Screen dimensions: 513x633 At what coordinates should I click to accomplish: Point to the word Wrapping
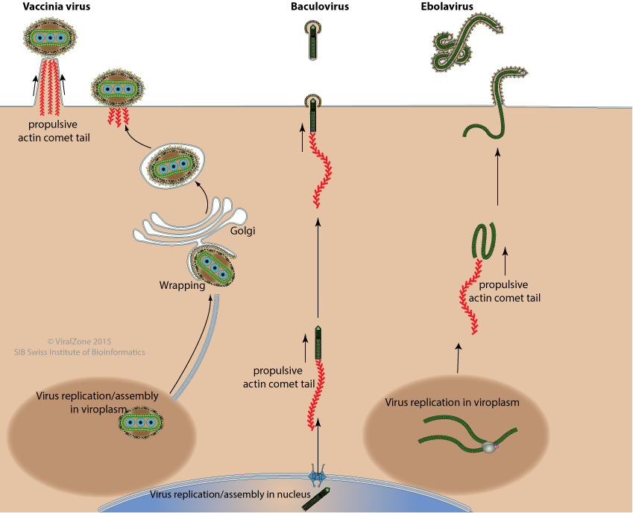click(x=182, y=284)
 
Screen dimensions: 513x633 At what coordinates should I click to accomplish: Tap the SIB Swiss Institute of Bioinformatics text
click(x=80, y=352)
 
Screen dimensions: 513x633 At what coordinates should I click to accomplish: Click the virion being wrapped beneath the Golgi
click(x=211, y=266)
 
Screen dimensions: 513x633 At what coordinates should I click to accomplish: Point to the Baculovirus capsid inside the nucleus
click(x=312, y=500)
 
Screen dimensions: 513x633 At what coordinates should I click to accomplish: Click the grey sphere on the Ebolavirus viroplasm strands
click(x=488, y=447)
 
